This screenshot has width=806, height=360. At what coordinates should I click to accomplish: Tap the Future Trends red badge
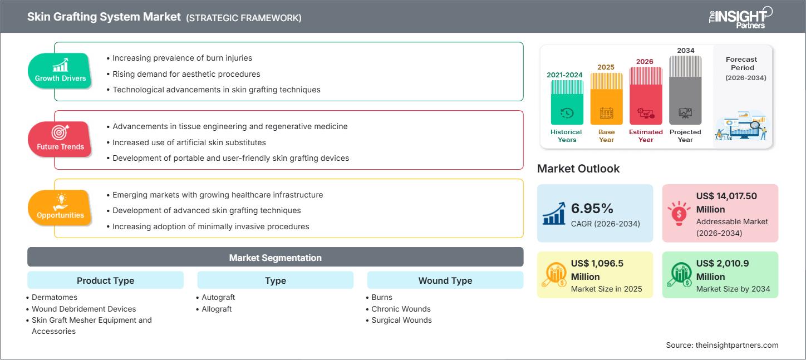(60, 139)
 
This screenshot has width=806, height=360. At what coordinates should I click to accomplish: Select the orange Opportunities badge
(60, 208)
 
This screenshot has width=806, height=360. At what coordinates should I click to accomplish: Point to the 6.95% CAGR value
(592, 209)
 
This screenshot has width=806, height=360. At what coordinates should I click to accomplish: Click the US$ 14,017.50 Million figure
(726, 203)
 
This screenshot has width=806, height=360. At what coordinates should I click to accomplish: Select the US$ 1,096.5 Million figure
(600, 270)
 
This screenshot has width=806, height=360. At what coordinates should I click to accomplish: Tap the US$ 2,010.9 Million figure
(726, 270)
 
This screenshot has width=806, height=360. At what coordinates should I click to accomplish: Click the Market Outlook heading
(578, 169)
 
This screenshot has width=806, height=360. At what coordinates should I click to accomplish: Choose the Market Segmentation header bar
(275, 258)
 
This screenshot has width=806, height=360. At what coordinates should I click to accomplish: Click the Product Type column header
(105, 280)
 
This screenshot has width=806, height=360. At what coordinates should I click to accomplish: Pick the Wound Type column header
(445, 280)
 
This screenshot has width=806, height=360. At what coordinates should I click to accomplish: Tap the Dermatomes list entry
(55, 298)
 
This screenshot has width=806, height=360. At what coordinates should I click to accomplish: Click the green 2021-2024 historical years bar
(567, 102)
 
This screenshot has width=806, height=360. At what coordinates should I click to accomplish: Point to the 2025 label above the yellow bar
(606, 67)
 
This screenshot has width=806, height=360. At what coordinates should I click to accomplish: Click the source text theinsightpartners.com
(722, 345)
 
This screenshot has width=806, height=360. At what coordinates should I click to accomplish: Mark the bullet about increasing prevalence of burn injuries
(182, 58)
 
